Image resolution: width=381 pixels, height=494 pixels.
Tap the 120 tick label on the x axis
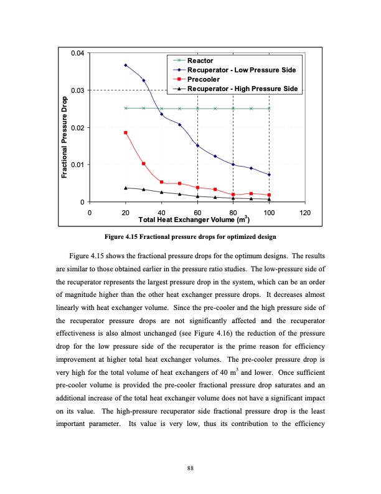tap(305, 213)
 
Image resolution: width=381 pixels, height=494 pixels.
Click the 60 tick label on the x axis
tap(197, 213)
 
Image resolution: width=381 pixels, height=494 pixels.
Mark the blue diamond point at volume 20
tap(126, 65)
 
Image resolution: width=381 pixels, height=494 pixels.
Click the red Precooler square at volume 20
tap(126, 133)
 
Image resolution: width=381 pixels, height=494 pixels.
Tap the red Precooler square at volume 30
tap(144, 163)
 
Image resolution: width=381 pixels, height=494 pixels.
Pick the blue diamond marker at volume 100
tap(269, 175)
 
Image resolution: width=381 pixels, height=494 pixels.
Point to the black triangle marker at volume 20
tap(126, 188)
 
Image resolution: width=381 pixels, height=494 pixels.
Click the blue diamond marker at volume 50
tap(179, 125)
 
